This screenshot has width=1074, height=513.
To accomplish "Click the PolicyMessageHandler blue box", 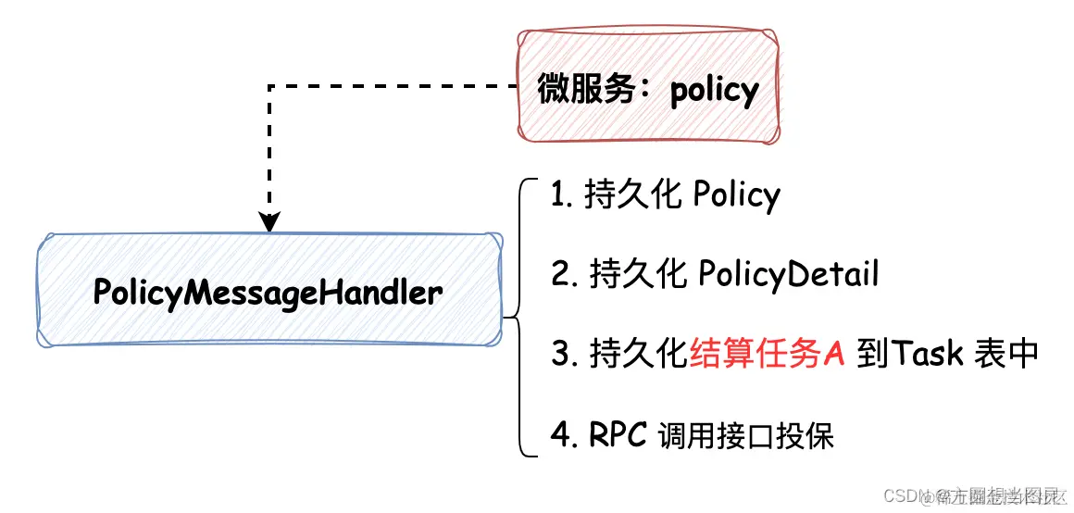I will pyautogui.click(x=268, y=292).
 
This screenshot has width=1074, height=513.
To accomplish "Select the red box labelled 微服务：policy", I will pyautogui.click(x=648, y=88).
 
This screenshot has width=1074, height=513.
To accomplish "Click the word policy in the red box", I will pyautogui.click(x=714, y=90).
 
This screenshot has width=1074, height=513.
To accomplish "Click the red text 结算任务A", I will pyautogui.click(x=768, y=355).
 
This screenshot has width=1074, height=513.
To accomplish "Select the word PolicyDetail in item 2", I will pyautogui.click(x=788, y=275).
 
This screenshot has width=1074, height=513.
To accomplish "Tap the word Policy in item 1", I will pyautogui.click(x=736, y=195).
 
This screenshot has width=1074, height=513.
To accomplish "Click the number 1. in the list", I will pyautogui.click(x=562, y=196).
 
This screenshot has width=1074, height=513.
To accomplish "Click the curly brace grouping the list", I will pyautogui.click(x=516, y=318).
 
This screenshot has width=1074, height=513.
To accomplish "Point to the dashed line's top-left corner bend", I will pyautogui.click(x=269, y=87).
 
